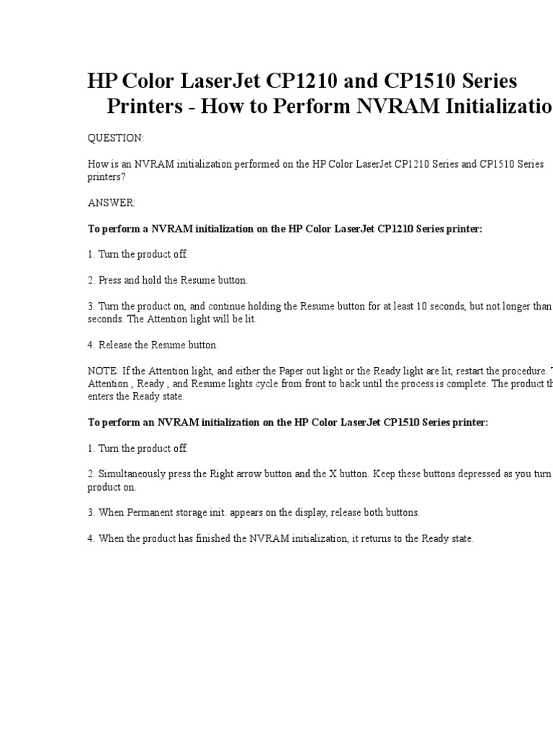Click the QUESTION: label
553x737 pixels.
(115, 138)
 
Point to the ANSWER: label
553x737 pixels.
(111, 203)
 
